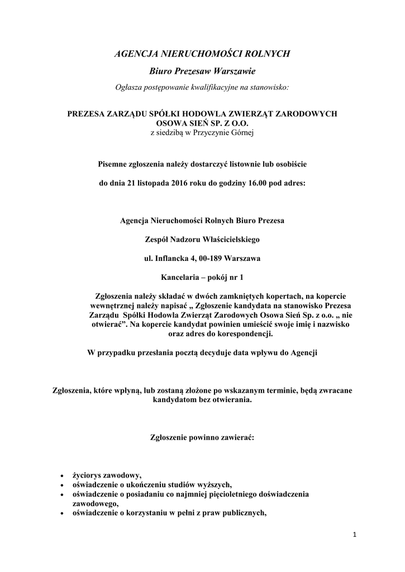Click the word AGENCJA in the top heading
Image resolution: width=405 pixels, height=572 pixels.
tap(136, 54)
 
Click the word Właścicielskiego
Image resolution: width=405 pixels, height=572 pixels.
tap(229, 240)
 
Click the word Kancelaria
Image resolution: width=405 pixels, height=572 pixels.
tap(180, 277)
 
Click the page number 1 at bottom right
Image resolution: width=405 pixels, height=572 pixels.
tap(354, 535)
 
